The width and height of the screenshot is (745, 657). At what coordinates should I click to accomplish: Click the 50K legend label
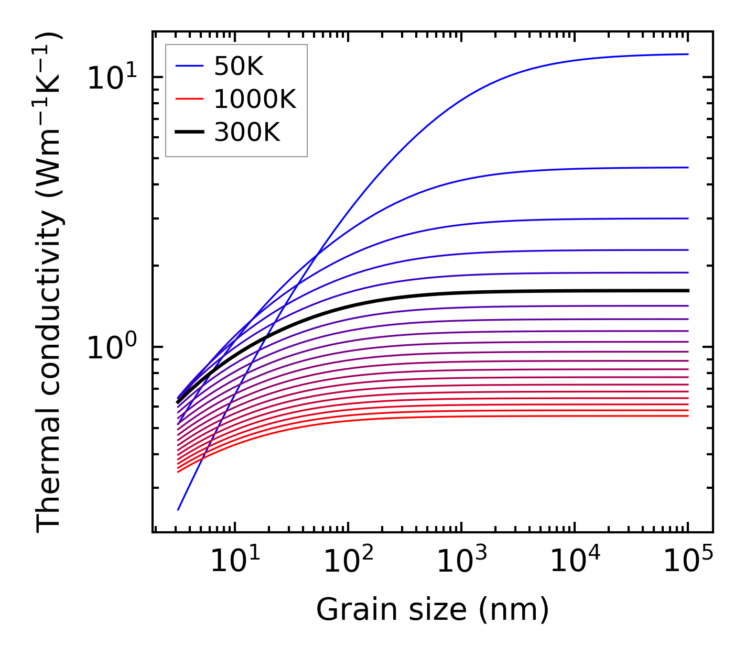(239, 66)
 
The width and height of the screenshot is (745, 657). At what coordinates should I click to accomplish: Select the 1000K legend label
(255, 99)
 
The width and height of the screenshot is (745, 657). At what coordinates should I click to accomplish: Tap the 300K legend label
(247, 133)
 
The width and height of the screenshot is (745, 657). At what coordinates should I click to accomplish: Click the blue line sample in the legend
(189, 66)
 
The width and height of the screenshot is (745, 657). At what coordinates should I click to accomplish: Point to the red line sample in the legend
(189, 99)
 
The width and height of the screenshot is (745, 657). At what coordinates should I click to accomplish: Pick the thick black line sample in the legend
(189, 133)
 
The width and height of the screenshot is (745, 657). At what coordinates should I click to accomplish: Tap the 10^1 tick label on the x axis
(234, 562)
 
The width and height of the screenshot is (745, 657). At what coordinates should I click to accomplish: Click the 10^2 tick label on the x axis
(348, 562)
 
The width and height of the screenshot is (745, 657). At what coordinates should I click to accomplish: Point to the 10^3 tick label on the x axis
(461, 562)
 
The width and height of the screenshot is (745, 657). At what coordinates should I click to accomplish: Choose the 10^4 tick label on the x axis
(575, 562)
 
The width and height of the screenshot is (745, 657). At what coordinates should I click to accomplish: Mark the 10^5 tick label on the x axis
(688, 562)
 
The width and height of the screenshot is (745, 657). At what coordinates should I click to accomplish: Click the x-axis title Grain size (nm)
(433, 610)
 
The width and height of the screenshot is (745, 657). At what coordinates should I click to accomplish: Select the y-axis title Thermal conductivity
(49, 283)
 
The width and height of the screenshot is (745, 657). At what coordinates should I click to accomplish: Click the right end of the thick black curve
(687, 290)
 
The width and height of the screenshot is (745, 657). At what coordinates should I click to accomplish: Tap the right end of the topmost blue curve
(687, 54)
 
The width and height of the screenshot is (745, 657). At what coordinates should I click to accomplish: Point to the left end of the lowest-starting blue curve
(178, 509)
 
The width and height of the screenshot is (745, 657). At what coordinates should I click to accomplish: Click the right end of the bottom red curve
(687, 416)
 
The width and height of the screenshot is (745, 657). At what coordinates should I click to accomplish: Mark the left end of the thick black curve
(178, 402)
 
